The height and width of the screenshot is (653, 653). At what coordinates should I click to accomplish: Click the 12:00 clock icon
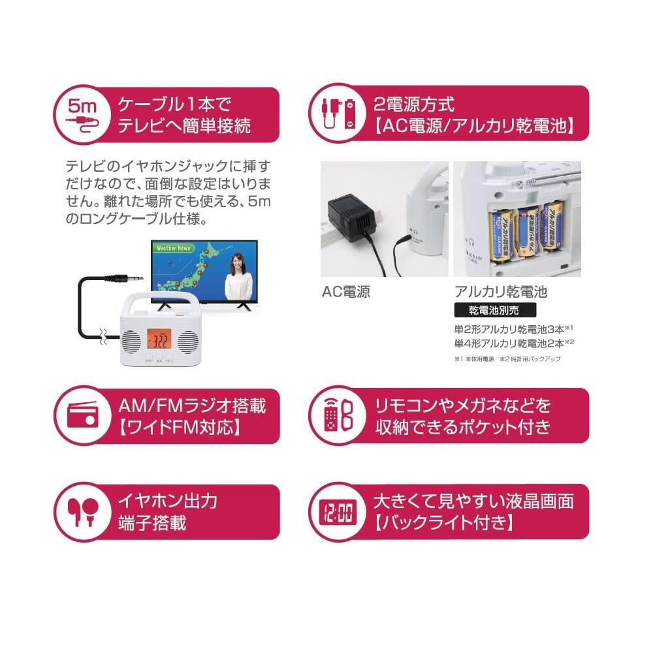tap(336, 512)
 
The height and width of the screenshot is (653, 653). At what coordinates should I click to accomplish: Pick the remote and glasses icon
tap(336, 417)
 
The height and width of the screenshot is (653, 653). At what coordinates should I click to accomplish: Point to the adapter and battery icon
tap(336, 114)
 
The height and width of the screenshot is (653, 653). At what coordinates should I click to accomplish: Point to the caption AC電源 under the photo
tap(346, 292)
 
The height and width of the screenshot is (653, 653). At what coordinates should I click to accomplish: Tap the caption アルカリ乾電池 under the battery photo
tap(500, 292)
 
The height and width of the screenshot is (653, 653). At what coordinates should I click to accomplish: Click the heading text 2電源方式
tap(413, 104)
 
